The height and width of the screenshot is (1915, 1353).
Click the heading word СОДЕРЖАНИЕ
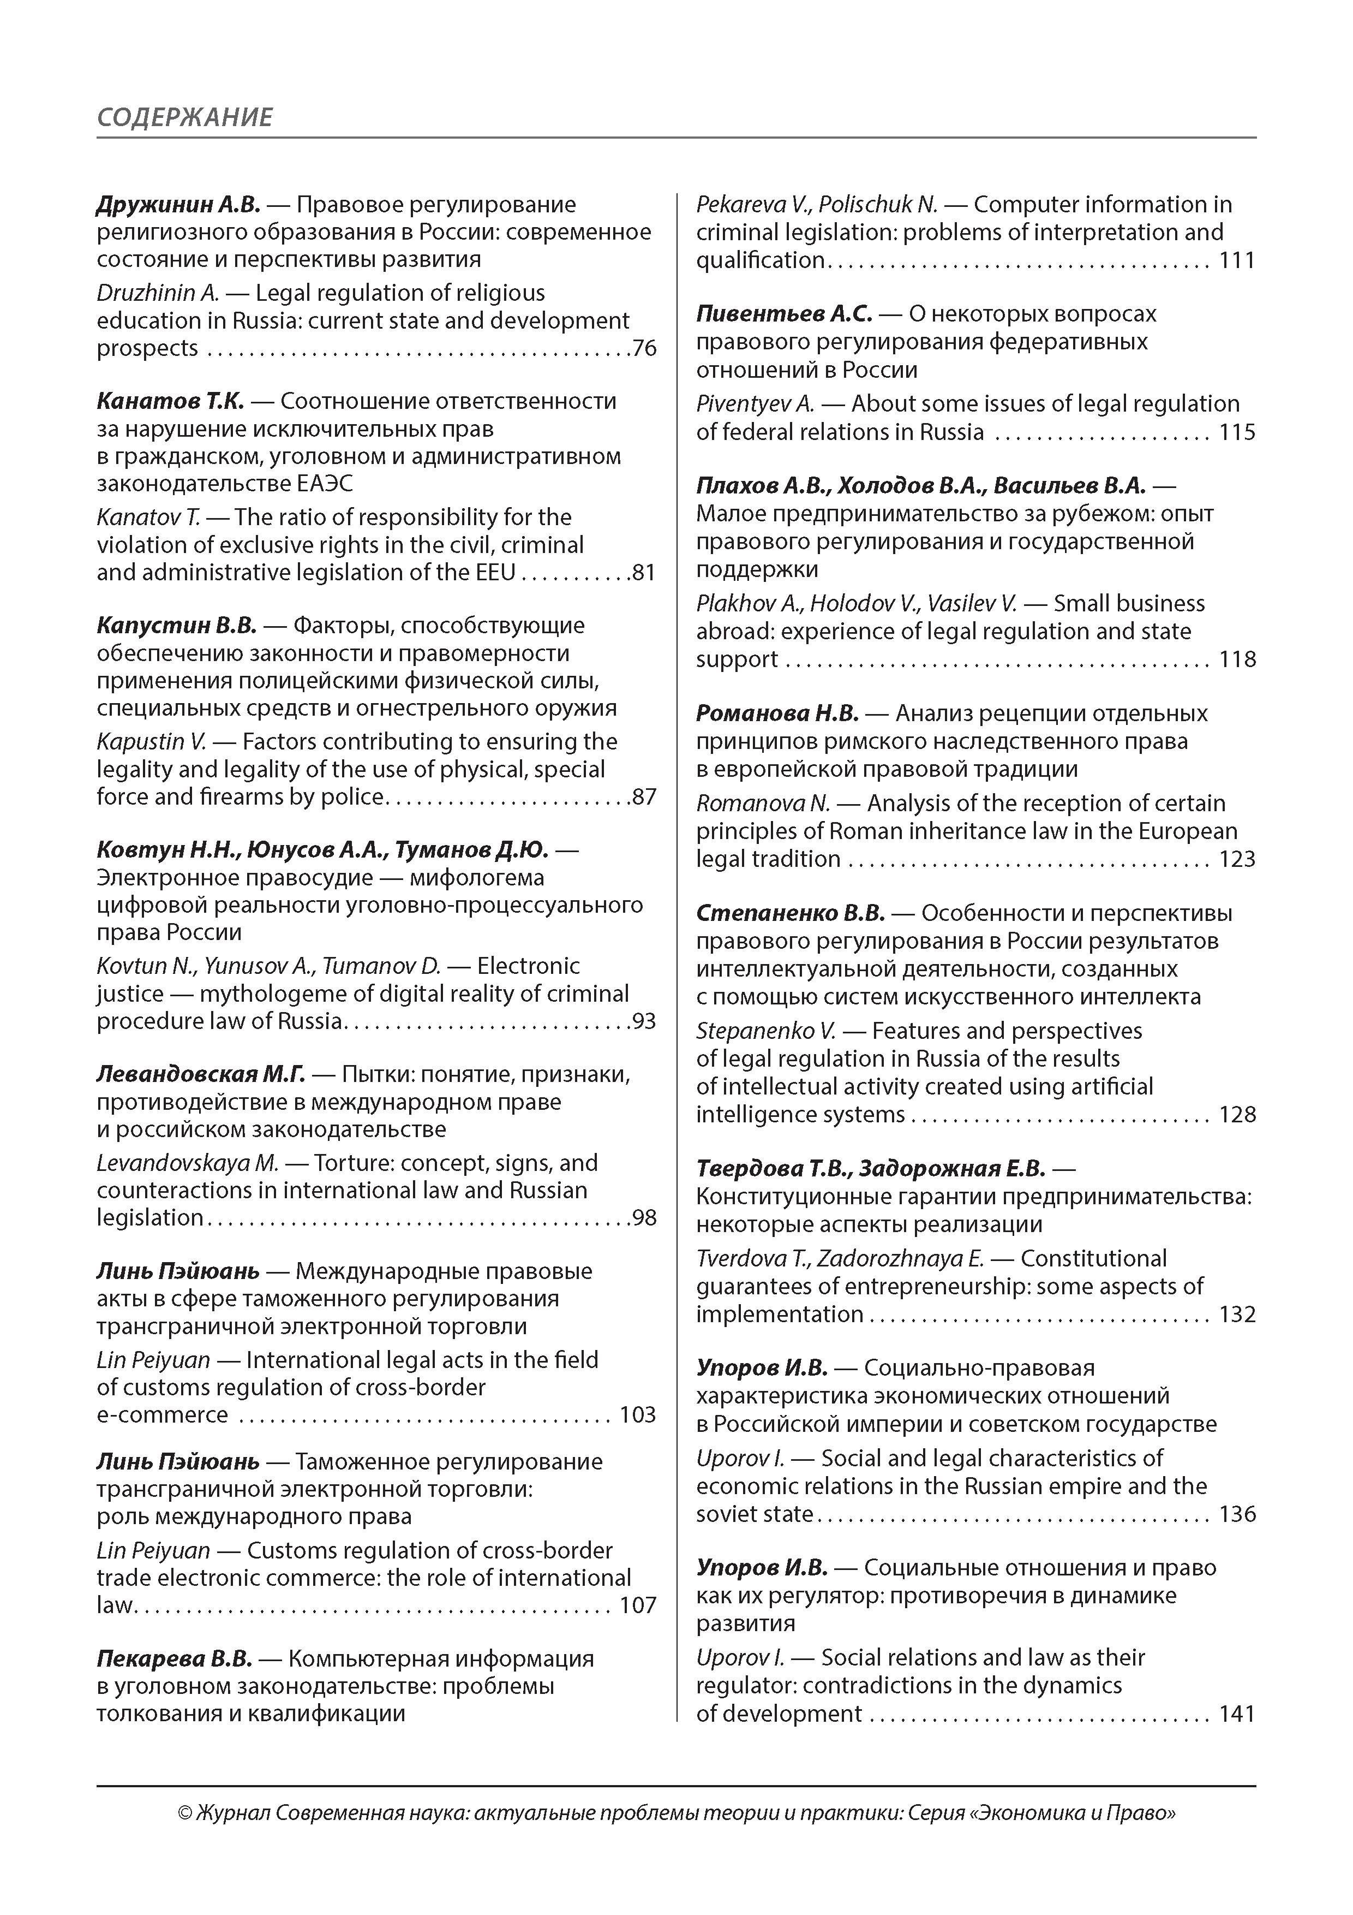[x=184, y=117]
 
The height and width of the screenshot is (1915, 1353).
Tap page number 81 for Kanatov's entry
[x=644, y=573]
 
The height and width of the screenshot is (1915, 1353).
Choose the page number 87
[x=644, y=798]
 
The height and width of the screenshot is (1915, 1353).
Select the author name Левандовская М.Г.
[x=201, y=1074]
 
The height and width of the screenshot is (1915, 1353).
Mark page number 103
[x=638, y=1416]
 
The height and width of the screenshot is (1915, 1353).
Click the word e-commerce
[x=161, y=1416]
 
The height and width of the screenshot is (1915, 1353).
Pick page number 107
[x=638, y=1605]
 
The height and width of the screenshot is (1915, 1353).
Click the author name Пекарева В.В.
[x=174, y=1659]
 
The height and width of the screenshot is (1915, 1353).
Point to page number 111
[x=1237, y=260]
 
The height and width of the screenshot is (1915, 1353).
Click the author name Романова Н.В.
[x=777, y=714]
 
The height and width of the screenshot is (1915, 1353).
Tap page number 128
[x=1237, y=1115]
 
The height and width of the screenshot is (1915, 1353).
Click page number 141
[x=1237, y=1714]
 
